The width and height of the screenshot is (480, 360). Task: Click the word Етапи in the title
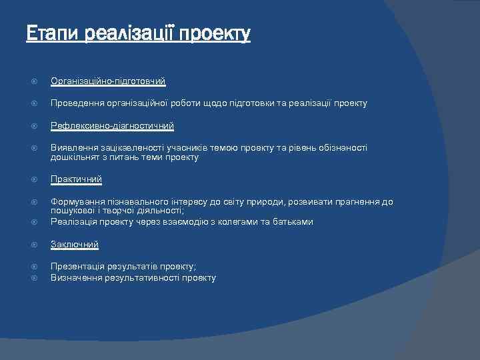point(53,33)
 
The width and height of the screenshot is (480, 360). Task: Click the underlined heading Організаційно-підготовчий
point(108,81)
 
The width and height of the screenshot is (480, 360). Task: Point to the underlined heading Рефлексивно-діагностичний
point(112,125)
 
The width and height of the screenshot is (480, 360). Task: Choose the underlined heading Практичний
point(76,179)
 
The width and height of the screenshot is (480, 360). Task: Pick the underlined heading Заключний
point(75,245)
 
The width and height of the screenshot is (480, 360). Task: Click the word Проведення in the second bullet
point(76,103)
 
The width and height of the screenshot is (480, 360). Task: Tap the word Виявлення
point(72,147)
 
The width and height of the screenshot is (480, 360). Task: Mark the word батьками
point(293,221)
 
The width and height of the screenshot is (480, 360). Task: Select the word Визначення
point(75,277)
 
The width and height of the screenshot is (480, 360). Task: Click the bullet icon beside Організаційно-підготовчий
point(35,81)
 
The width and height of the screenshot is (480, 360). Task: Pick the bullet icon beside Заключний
point(35,245)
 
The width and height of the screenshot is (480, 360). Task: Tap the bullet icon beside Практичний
point(35,179)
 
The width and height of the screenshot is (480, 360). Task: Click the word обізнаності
point(343,147)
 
